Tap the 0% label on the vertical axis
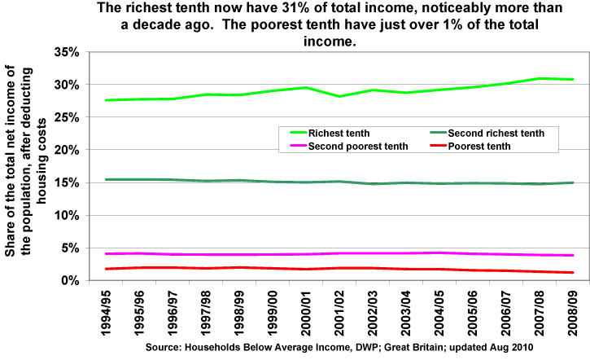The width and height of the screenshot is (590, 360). [70, 280]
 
